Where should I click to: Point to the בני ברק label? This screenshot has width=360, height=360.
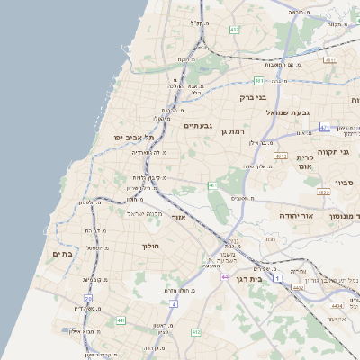coord(253,96)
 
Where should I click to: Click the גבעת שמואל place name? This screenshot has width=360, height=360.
coord(288,112)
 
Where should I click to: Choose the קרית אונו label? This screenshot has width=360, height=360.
coord(304,161)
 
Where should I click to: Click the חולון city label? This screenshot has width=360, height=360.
coord(149,246)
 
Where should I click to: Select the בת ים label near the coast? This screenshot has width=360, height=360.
coord(62,254)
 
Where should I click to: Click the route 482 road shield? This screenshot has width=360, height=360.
coord(235,30)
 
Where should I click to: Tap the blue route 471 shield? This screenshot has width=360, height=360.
coord(325,127)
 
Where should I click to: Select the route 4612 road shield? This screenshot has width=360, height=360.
coord(281,155)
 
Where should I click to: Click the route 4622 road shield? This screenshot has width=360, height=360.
coord(323,192)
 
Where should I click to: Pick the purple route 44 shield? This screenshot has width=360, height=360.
coord(225,276)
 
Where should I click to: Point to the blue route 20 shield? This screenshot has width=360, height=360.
coord(88,298)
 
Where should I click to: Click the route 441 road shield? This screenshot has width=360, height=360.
coord(121,319)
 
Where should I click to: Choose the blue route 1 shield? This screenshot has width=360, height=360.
coord(278,280)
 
